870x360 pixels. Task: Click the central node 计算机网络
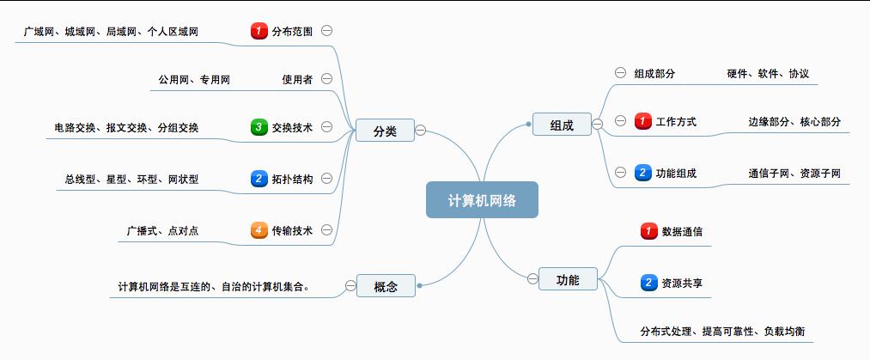click(482, 199)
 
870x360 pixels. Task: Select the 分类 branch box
click(385, 131)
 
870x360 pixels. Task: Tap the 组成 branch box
click(562, 124)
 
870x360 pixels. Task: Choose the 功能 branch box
click(568, 278)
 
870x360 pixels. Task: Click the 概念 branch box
click(386, 285)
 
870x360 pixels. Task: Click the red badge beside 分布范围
click(259, 31)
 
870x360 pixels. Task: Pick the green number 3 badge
click(259, 127)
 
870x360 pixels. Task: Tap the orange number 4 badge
click(259, 229)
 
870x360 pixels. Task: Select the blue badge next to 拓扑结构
click(259, 179)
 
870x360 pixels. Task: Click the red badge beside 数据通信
click(649, 231)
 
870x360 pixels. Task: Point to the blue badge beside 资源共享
click(649, 283)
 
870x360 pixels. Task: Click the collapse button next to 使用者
click(327, 79)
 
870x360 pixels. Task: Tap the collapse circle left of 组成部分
click(620, 73)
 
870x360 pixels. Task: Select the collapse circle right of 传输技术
click(327, 229)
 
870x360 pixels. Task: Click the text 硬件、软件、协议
click(768, 73)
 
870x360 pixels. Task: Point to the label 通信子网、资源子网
click(794, 173)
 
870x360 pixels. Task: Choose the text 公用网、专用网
click(194, 80)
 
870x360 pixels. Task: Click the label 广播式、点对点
click(162, 231)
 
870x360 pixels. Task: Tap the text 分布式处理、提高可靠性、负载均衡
click(722, 331)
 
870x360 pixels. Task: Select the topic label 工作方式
click(676, 121)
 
